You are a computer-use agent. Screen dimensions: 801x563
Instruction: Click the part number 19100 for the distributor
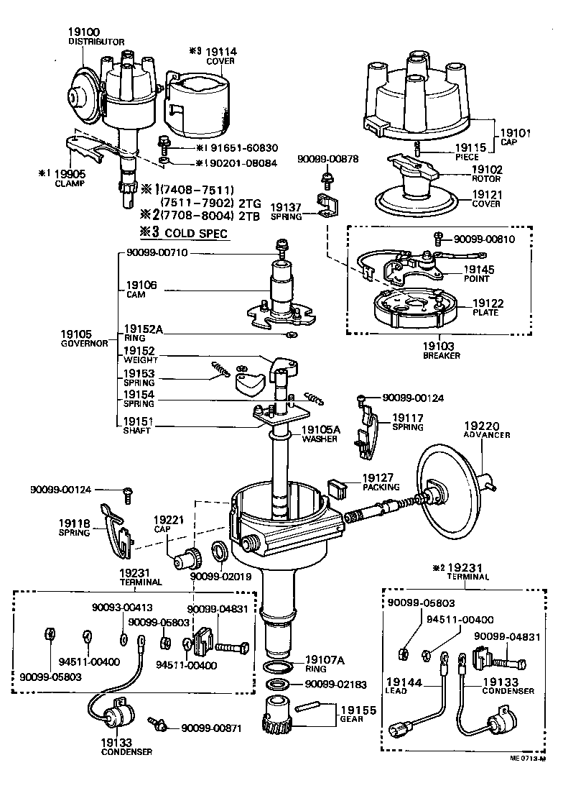coord(84,32)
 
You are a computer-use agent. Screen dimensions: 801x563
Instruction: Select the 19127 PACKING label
coord(379,482)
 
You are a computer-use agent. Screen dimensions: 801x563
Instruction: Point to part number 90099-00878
coord(330,159)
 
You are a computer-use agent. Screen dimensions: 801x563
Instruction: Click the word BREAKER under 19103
coord(441,355)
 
